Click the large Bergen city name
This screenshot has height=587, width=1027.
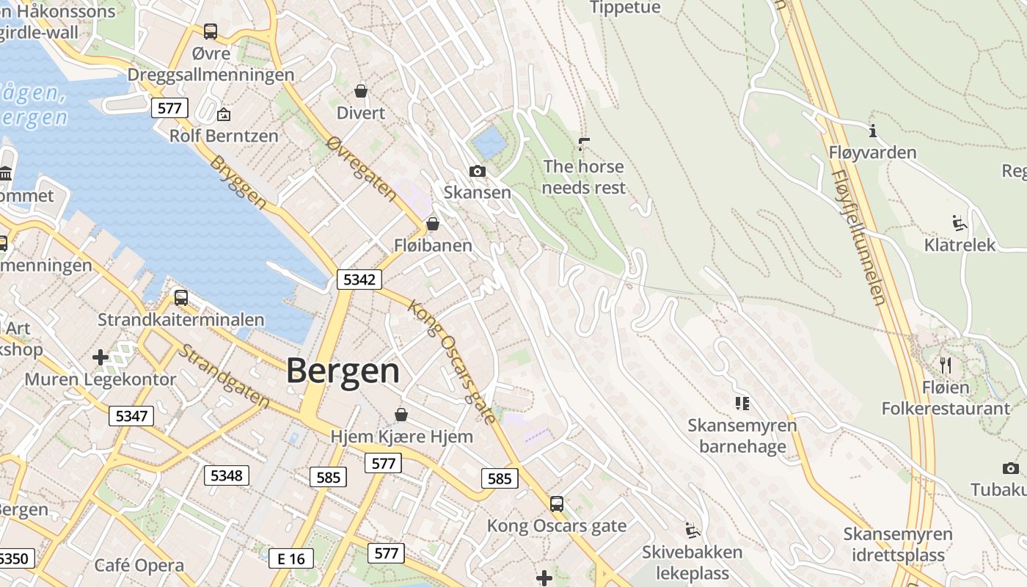(x=343, y=371)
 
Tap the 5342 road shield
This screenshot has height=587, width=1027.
(x=359, y=279)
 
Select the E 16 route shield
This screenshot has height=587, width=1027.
(x=290, y=558)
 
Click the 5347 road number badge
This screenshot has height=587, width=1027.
(x=132, y=416)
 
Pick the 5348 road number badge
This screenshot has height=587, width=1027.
(x=226, y=475)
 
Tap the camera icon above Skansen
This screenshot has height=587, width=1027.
(x=478, y=172)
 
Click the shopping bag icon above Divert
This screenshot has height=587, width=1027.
(x=361, y=91)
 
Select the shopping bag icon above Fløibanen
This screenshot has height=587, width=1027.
(x=433, y=224)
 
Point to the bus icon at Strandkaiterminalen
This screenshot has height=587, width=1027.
(x=180, y=298)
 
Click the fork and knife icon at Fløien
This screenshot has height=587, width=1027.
(x=946, y=365)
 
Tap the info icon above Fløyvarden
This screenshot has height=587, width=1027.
(x=873, y=131)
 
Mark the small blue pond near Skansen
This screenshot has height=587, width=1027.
(x=489, y=142)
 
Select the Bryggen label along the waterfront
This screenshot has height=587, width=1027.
(x=238, y=181)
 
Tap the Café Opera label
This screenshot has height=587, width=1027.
(x=139, y=566)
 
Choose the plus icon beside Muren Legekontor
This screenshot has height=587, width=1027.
(x=100, y=357)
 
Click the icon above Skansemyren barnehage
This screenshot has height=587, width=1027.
(x=742, y=403)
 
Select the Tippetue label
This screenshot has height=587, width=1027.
(x=625, y=7)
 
